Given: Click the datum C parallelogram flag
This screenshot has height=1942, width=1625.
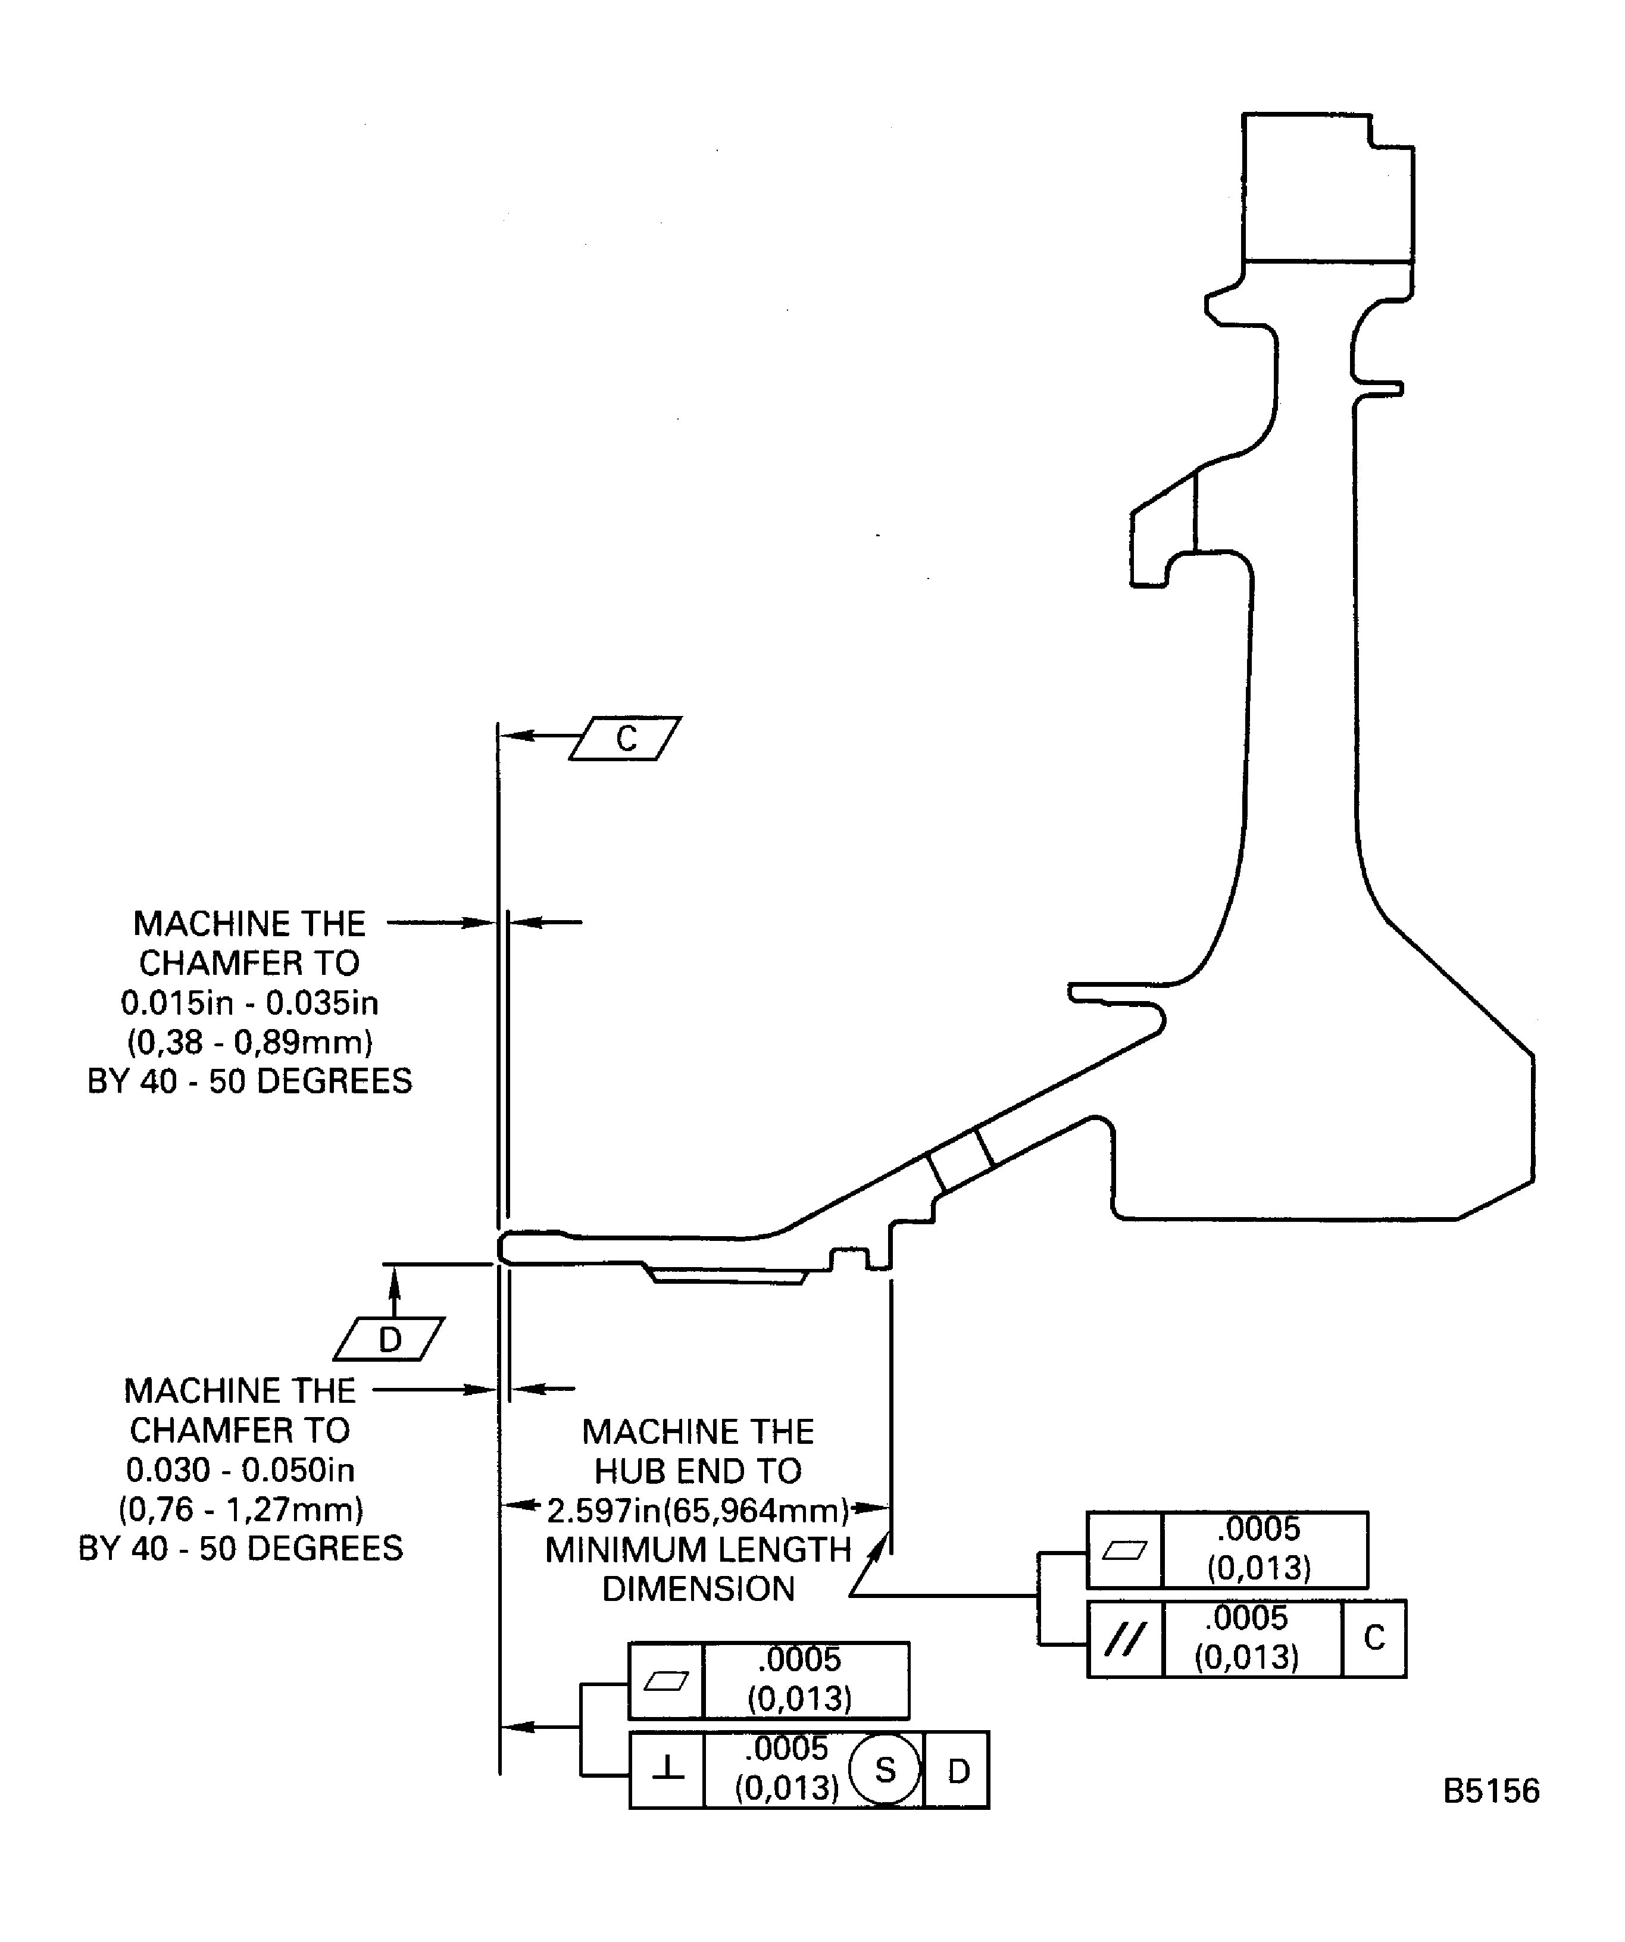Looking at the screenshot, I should [x=625, y=738].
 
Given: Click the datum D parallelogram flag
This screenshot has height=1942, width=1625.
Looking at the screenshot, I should [x=389, y=1339].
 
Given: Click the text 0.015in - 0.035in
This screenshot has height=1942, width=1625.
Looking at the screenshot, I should [x=250, y=1002].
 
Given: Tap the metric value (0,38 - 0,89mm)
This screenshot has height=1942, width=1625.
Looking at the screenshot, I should [x=250, y=1042].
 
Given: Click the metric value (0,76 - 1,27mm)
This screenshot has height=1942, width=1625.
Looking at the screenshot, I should [x=240, y=1509].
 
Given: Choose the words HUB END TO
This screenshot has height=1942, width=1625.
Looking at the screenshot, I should [x=698, y=1471].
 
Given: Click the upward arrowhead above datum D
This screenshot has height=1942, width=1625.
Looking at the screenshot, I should [x=395, y=1278].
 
